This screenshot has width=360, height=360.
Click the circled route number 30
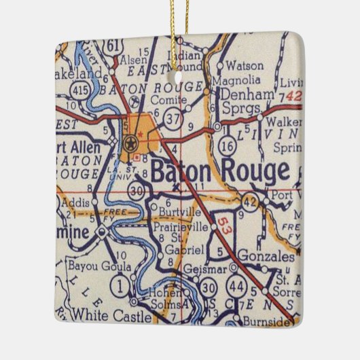(139, 192)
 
